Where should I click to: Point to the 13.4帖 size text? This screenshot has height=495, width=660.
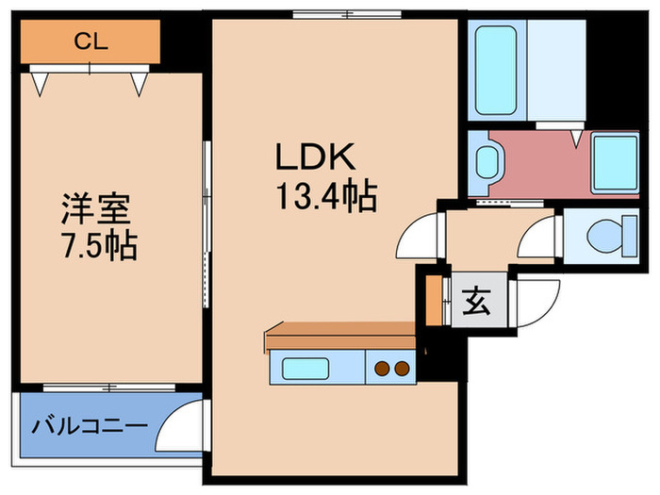[x=326, y=197]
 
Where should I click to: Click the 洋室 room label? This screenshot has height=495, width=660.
[x=95, y=207]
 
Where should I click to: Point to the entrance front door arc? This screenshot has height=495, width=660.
[x=538, y=306]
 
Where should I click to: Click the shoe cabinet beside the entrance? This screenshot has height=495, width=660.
[x=434, y=299]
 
